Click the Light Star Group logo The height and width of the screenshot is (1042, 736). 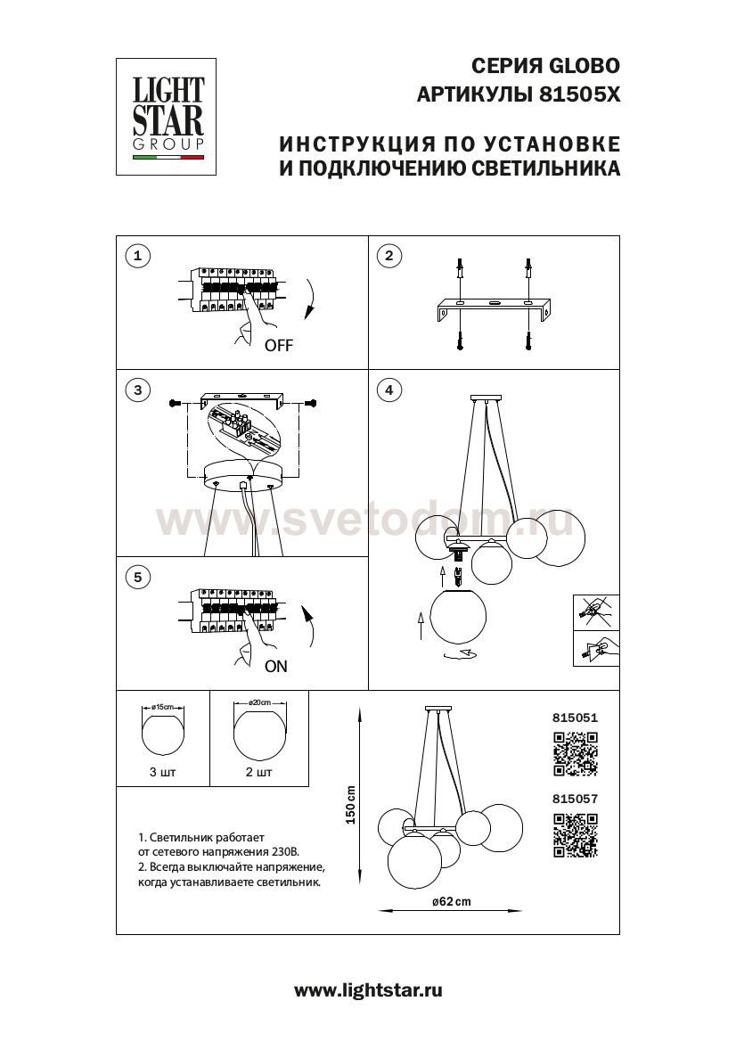168,116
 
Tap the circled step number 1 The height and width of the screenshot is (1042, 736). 136,257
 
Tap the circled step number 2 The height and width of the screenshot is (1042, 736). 388,257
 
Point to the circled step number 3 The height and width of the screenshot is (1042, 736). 136,390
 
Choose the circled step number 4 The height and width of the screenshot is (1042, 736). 388,390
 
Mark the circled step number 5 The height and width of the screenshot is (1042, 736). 136,578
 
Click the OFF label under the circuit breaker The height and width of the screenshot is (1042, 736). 278,346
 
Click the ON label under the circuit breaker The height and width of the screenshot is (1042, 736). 275,666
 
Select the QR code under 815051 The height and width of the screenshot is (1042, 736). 575,753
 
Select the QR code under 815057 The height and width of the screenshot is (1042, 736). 575,837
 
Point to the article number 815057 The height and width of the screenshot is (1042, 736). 575,800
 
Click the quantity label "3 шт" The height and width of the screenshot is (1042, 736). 163,773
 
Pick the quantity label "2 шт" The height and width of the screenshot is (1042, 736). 258,773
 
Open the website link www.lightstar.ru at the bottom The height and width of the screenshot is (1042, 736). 368,990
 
